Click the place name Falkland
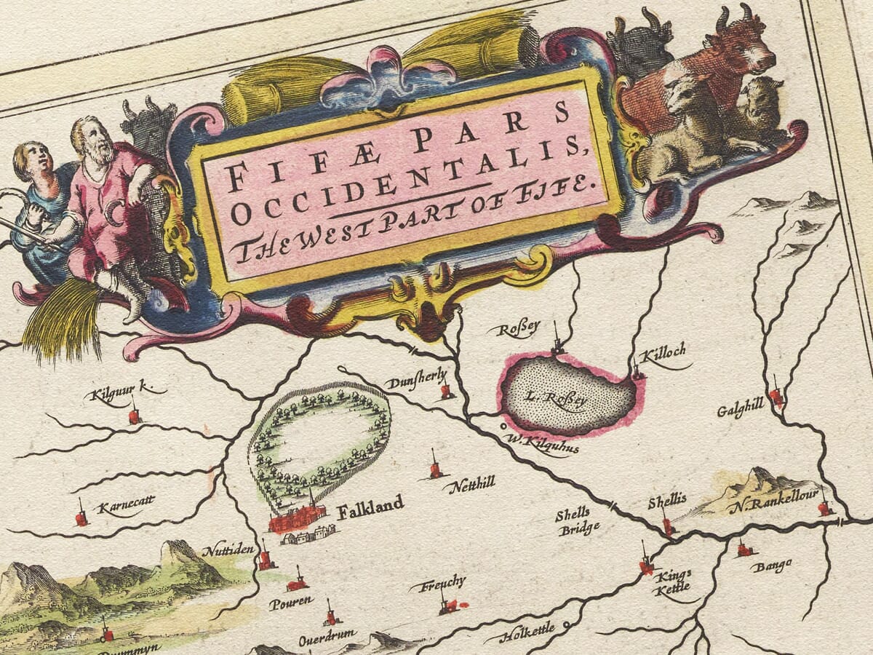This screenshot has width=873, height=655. click(370, 507)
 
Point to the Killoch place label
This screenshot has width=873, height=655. click(662, 353)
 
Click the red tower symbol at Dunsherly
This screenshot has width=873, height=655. click(445, 392)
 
